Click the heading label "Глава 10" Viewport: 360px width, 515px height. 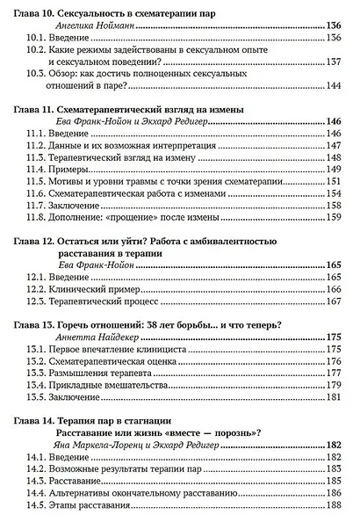click(x=39, y=17)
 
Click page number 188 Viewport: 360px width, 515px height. click(x=334, y=506)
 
